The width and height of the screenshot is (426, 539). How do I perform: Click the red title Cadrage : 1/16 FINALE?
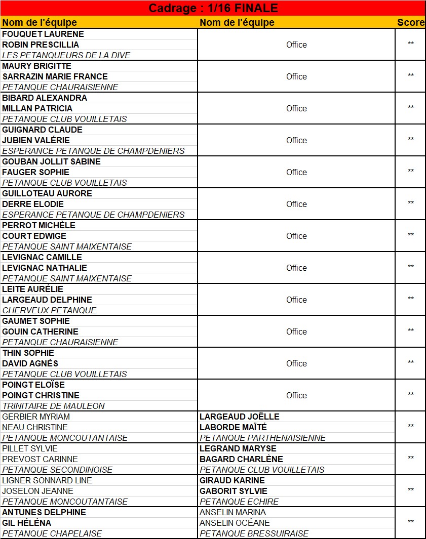tap(213, 8)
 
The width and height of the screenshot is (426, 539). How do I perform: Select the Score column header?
tap(410, 22)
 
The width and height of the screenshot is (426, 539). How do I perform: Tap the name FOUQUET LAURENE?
tap(43, 34)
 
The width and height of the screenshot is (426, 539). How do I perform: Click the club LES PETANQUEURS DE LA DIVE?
tap(66, 55)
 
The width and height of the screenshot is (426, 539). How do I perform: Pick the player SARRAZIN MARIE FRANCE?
tap(55, 76)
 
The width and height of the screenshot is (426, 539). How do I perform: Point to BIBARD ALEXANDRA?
tap(45, 98)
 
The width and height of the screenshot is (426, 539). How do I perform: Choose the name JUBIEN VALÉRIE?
tap(36, 140)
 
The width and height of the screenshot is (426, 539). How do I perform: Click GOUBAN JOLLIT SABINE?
tap(51, 161)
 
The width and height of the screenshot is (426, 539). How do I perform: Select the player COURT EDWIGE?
tap(34, 236)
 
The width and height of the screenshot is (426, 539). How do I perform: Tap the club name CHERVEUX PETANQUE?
tap(49, 310)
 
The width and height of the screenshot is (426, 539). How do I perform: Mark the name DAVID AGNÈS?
tap(30, 363)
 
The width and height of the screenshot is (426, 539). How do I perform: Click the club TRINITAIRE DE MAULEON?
tap(54, 406)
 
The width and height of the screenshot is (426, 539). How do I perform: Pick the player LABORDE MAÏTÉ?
tap(233, 427)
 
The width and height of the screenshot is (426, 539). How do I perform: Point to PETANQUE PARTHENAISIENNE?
tap(262, 438)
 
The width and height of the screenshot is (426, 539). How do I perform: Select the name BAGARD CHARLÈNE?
tap(241, 459)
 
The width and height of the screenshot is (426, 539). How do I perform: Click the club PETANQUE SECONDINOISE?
tap(57, 470)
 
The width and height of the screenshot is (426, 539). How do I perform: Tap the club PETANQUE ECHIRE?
tap(239, 502)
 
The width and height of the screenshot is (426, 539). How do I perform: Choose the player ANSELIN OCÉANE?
tap(235, 523)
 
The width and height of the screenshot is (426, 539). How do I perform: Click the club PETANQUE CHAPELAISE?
tap(52, 533)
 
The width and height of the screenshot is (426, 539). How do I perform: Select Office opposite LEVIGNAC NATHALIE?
tap(296, 268)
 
